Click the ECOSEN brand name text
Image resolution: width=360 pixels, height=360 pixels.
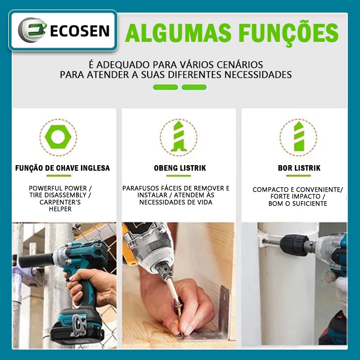[x=80, y=31]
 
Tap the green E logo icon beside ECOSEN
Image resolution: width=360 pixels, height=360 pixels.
[x=32, y=30]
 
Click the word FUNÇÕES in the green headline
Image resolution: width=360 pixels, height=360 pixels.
[x=288, y=33]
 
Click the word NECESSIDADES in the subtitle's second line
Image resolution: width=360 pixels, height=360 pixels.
[x=258, y=75]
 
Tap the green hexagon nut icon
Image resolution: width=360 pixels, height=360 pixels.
[x=58, y=137]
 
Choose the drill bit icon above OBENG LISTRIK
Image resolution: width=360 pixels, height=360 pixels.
[x=179, y=137]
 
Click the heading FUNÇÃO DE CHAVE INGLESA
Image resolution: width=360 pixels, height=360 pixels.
[x=63, y=168]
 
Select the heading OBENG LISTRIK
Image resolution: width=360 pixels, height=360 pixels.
[x=180, y=168]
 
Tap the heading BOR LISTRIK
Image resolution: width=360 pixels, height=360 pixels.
[x=299, y=168]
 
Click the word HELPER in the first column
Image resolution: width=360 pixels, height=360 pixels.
[x=60, y=209]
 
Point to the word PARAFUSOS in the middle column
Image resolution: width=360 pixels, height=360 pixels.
[x=140, y=188]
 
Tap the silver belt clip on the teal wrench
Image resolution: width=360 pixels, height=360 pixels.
[x=79, y=324]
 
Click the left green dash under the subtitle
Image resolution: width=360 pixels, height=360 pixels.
[x=166, y=87]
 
